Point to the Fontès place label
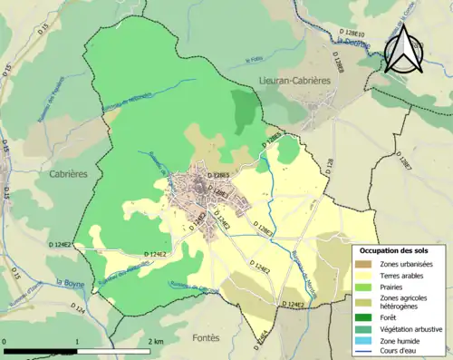coord(206,337)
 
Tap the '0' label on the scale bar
coord(6,341)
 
